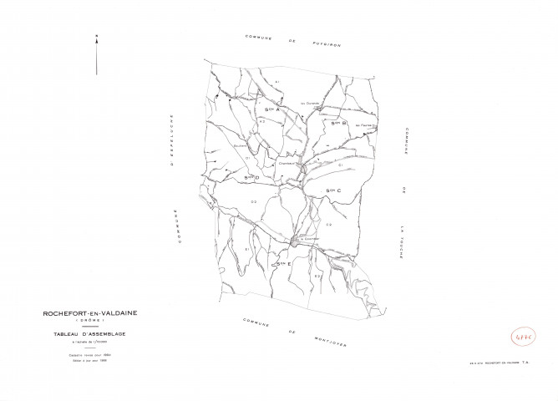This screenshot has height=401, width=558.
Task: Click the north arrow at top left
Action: [97, 54]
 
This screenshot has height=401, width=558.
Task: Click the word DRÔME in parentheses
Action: [90, 321]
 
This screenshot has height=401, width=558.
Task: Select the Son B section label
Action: [337, 123]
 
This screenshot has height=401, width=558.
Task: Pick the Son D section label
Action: [251, 177]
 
